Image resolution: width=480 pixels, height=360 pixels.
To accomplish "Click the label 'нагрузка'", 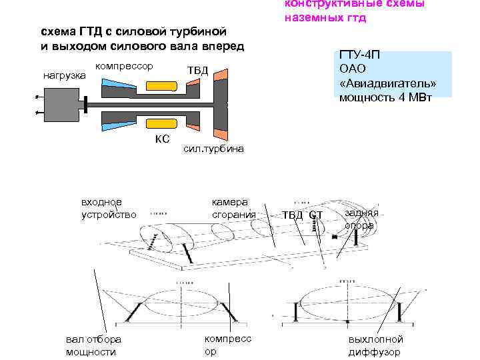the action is point(64,75).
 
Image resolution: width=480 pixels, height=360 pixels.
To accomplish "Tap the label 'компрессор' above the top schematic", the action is point(125,66).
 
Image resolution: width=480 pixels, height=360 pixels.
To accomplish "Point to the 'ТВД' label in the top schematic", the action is point(197,70).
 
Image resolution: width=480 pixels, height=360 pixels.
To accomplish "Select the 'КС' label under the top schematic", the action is point(162,139).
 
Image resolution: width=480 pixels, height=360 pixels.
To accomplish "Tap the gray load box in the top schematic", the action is point(60,105).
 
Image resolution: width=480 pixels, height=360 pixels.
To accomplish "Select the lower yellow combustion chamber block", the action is point(161,125).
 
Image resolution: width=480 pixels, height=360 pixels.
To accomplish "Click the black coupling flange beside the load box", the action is point(86,105).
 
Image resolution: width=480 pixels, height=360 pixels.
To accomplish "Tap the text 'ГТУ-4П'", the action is point(359,55).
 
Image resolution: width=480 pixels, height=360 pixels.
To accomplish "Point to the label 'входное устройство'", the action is point(109,208).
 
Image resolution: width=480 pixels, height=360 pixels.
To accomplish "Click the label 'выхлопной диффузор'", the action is point(375,345).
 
